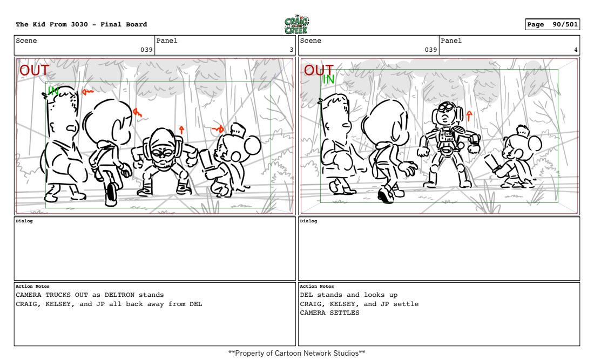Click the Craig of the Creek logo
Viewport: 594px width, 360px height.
[x=296, y=25]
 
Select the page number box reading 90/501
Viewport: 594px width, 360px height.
[x=552, y=24]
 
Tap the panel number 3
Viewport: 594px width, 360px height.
[x=291, y=50]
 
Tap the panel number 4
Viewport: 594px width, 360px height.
[x=576, y=50]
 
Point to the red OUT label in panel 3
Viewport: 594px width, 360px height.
[x=34, y=70]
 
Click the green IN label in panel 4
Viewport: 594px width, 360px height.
[x=328, y=79]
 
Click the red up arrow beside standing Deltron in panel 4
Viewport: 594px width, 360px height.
[x=469, y=116]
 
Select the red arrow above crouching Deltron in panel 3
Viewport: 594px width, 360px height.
[x=181, y=130]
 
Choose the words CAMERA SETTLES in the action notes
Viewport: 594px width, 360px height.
[x=329, y=313]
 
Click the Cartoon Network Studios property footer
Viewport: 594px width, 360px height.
[x=296, y=353]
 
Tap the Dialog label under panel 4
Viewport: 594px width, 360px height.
[x=308, y=221]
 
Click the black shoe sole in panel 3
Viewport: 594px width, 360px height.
[x=112, y=192]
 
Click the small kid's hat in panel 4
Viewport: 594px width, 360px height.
[x=523, y=131]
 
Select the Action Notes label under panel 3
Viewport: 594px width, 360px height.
[x=32, y=287]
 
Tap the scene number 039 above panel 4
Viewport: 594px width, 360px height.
[x=431, y=50]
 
